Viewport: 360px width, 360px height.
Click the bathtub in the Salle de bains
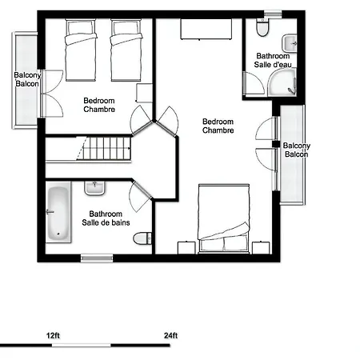pyautogui.click(x=57, y=214)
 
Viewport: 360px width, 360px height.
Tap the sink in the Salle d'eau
pyautogui.click(x=290, y=42)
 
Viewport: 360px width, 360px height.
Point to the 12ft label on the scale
pyautogui.click(x=53, y=335)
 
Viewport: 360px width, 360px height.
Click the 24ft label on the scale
pyautogui.click(x=170, y=335)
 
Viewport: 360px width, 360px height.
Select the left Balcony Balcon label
pyautogui.click(x=26, y=80)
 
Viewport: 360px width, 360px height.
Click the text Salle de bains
pyautogui.click(x=106, y=223)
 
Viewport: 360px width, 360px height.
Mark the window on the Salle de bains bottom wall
pyautogui.click(x=97, y=258)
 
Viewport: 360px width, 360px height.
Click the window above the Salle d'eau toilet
pyautogui.click(x=274, y=13)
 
